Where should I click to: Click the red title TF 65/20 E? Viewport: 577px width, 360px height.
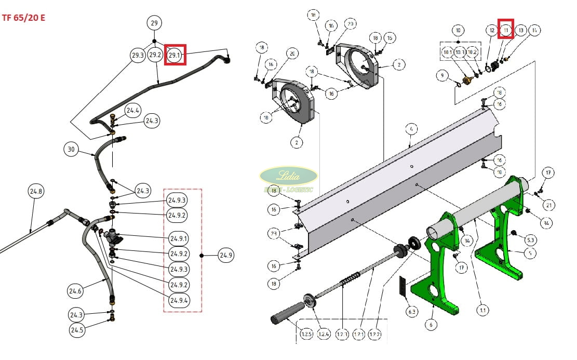point(23,17)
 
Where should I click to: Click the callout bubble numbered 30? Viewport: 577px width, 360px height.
point(72,150)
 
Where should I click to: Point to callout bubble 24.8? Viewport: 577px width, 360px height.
point(36,191)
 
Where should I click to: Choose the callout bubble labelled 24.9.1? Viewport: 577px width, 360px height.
point(179,239)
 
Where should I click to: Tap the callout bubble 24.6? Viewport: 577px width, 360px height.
point(75,291)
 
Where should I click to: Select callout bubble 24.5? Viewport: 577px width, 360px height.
point(77,330)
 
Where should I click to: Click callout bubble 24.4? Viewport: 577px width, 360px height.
point(133,110)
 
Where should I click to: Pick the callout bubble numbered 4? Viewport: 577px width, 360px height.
point(410,128)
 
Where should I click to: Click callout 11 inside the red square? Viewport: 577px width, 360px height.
point(506,31)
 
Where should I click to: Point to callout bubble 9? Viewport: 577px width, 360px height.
point(442,76)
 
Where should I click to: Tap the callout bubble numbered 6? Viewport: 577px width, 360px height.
point(430,325)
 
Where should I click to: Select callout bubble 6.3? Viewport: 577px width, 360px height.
point(412,312)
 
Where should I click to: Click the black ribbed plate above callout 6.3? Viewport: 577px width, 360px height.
point(402,287)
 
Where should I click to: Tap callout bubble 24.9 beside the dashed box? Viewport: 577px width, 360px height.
point(225,255)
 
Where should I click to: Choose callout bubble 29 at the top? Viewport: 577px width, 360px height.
point(154,23)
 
